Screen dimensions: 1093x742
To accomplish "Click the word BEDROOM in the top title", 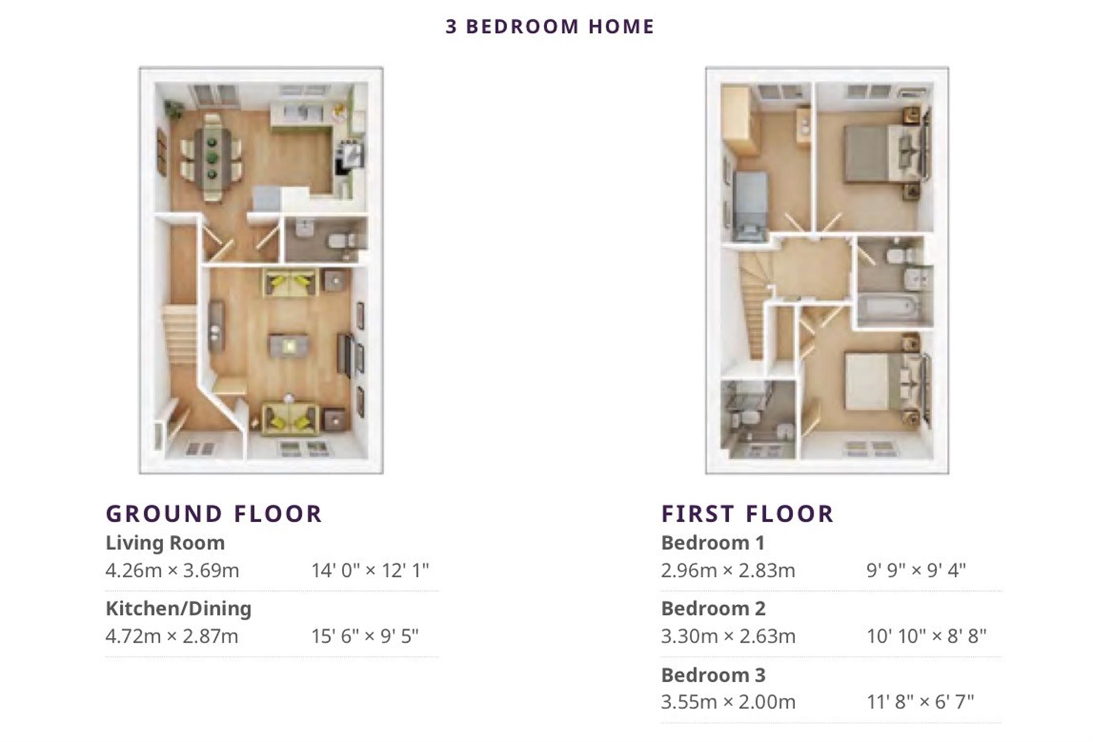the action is [522, 27].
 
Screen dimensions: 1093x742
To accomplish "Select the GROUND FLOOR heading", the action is [214, 514].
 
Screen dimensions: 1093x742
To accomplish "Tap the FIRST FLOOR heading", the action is [748, 514].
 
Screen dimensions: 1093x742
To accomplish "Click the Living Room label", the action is [165, 543].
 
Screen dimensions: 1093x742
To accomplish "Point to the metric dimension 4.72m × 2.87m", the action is [172, 636].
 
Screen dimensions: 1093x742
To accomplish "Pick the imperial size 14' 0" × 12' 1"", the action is [370, 570].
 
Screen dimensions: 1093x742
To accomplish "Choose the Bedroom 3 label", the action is [713, 675].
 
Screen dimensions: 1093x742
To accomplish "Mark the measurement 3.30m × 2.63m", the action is [728, 636].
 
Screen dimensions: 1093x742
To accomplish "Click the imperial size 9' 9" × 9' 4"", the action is [916, 570].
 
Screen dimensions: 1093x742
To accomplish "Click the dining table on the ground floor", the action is [213, 158].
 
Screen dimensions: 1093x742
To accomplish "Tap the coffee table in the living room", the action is [288, 346].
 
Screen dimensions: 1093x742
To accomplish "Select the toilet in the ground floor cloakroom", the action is [341, 241].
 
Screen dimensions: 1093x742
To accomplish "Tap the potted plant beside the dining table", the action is [173, 108].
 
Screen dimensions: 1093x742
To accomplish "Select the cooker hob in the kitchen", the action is [352, 153].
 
